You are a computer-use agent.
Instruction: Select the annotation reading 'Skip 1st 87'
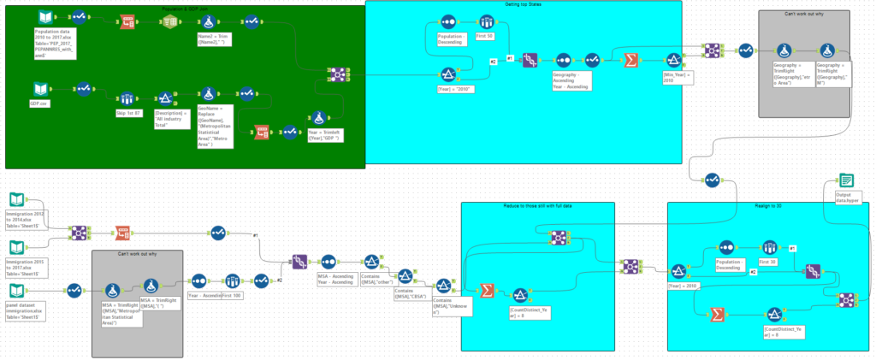pyautogui.click(x=130, y=111)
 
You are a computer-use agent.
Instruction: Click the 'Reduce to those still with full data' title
pyautogui.click(x=538, y=207)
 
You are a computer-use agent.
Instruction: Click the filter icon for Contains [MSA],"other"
pyautogui.click(x=371, y=262)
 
